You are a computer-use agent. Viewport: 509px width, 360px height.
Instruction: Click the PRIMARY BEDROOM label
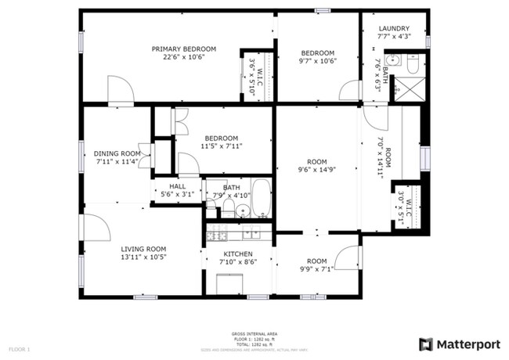184,49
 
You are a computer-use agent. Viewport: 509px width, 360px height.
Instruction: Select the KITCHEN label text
238,254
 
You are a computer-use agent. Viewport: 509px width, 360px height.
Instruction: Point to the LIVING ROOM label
143,249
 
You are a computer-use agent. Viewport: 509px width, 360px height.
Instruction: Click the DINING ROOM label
117,153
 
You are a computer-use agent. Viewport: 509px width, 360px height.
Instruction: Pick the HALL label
178,186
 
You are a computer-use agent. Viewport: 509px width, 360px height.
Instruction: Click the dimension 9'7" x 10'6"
319,61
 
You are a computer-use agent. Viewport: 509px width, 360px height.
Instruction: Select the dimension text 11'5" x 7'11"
221,146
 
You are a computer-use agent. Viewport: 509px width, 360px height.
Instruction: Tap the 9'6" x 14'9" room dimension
316,169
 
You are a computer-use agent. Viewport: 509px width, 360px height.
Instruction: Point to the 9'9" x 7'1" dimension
316,269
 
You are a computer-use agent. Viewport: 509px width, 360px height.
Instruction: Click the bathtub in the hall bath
262,200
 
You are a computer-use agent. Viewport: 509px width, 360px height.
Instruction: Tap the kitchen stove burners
216,235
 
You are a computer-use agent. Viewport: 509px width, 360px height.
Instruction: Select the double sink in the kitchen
251,233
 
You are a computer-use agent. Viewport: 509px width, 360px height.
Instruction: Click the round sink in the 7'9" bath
243,210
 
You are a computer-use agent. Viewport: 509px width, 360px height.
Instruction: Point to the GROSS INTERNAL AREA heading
254,333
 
